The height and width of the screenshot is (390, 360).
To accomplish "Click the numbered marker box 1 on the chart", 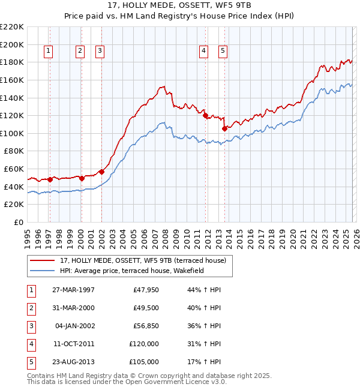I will [x=48, y=52].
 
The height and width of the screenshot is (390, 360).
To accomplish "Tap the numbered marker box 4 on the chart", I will [x=204, y=52].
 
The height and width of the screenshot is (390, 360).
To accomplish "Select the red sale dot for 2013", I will [x=224, y=128].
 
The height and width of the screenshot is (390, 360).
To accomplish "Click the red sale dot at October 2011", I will [x=205, y=115].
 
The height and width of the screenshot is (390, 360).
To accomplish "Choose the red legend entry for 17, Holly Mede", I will [x=143, y=260].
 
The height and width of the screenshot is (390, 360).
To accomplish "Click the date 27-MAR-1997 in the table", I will [x=74, y=290].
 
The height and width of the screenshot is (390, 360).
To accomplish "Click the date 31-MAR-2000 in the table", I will [x=74, y=308].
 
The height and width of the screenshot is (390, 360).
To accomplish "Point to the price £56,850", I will [x=144, y=326].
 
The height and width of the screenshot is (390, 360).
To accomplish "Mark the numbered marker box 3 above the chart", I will [x=100, y=52].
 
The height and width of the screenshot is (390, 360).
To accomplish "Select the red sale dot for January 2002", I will [x=101, y=172].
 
